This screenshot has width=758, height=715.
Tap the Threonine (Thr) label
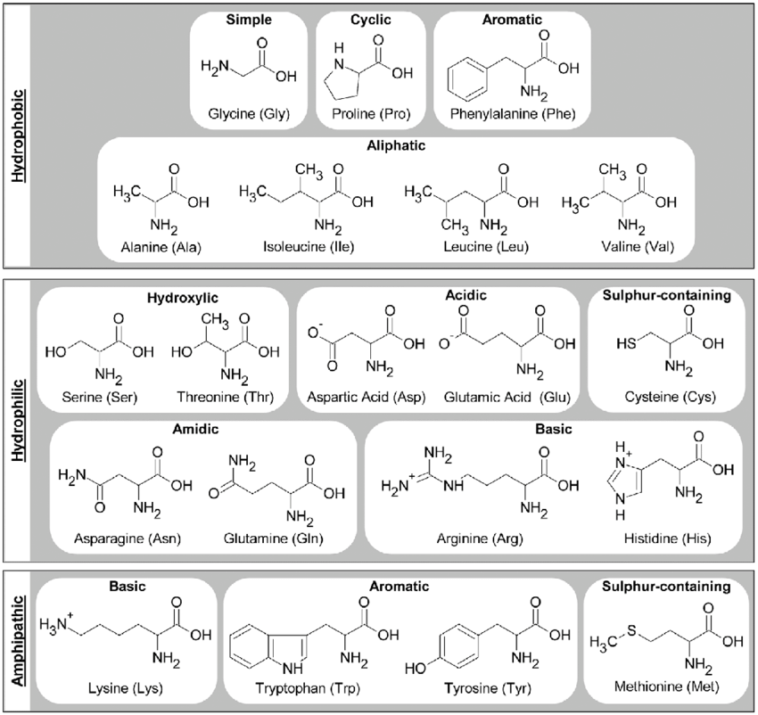pyautogui.click(x=228, y=394)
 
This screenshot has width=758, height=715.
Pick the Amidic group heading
pyautogui.click(x=196, y=430)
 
